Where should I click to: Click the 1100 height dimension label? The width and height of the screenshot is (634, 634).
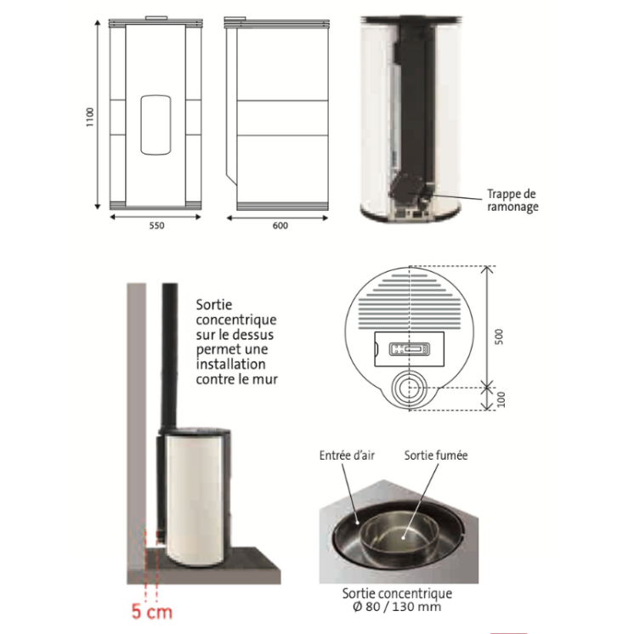pyautogui.click(x=90, y=116)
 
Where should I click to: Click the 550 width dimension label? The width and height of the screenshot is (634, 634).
pyautogui.click(x=157, y=225)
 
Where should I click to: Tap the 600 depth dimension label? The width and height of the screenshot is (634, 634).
pyautogui.click(x=280, y=225)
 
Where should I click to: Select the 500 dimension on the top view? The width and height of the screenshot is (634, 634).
pyautogui.click(x=500, y=337)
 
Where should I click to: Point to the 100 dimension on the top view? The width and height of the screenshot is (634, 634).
pyautogui.click(x=501, y=399)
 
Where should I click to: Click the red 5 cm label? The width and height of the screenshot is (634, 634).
pyautogui.click(x=152, y=612)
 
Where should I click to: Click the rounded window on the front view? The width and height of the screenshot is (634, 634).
pyautogui.click(x=156, y=125)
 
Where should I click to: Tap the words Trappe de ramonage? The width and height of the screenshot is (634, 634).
pyautogui.click(x=512, y=201)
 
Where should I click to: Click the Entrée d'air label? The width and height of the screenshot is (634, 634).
pyautogui.click(x=347, y=456)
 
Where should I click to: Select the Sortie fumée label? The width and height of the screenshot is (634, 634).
pyautogui.click(x=436, y=456)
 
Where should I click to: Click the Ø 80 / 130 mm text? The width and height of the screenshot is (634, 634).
pyautogui.click(x=397, y=607)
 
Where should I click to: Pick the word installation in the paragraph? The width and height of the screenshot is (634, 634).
pyautogui.click(x=231, y=364)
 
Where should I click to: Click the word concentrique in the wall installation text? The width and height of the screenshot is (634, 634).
pyautogui.click(x=236, y=320)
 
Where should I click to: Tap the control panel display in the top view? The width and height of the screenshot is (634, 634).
pyautogui.click(x=404, y=349)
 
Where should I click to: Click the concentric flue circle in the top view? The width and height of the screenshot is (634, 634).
pyautogui.click(x=409, y=388)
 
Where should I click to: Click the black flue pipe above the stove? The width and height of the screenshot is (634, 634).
pyautogui.click(x=170, y=356)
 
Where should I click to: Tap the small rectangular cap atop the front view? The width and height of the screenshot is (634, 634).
pyautogui.click(x=156, y=18)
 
